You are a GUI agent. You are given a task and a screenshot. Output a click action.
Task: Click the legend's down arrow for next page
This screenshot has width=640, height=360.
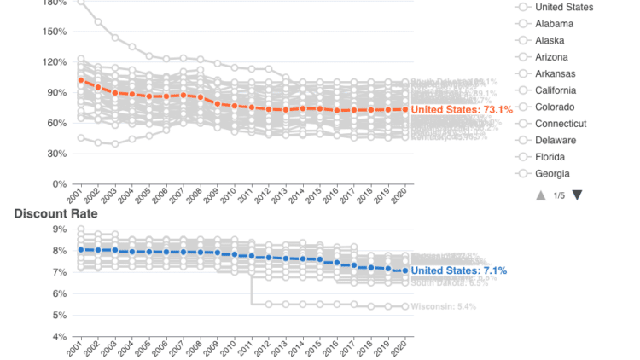tap(577, 195)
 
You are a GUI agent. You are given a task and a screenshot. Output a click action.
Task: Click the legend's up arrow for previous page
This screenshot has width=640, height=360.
tap(540, 195)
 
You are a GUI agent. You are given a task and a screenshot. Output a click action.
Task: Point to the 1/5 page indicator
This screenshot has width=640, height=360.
tap(558, 195)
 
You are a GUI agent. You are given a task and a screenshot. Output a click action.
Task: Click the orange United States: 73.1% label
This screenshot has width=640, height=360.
tap(462, 110)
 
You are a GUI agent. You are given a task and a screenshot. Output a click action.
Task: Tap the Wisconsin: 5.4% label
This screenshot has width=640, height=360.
tap(444, 306)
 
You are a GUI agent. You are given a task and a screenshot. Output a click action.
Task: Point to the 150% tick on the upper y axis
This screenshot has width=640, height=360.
tap(54, 32)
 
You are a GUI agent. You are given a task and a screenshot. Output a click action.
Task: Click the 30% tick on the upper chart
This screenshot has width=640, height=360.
tap(56, 154)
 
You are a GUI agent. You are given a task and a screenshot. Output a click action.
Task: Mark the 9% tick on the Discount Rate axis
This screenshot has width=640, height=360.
tap(59, 229)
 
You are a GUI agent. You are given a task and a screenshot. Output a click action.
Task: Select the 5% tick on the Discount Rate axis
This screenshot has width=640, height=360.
tap(59, 316)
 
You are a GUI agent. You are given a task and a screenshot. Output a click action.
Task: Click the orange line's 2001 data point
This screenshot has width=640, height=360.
tap(81, 80)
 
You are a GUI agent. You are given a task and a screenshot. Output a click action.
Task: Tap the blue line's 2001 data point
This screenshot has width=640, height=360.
tap(81, 250)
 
